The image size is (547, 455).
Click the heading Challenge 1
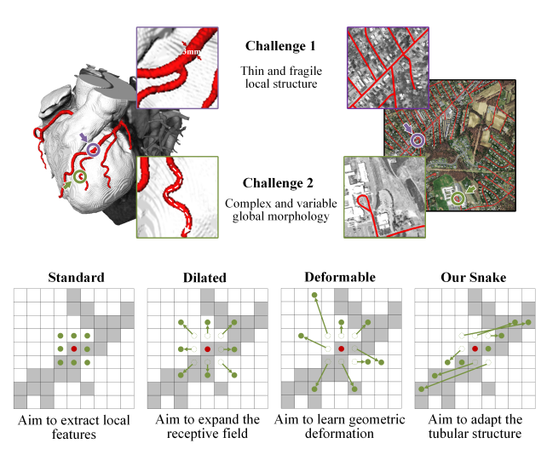point(280,45)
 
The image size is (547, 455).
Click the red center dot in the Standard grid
point(74,349)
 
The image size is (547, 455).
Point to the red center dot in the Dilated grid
point(207,349)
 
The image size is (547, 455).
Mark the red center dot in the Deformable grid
point(341,349)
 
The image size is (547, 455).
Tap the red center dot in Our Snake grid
point(475,349)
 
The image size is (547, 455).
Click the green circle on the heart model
point(80,177)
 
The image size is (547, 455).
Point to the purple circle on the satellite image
point(417,141)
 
